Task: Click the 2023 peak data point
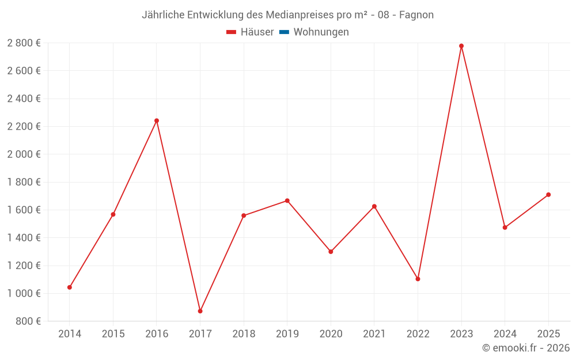click(461, 46)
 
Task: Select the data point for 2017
click(200, 311)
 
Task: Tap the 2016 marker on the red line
click(157, 121)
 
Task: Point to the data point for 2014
click(70, 287)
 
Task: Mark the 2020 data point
click(331, 252)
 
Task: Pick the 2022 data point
click(418, 279)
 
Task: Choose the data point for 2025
click(548, 195)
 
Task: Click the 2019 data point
click(287, 200)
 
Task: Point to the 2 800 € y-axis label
click(24, 43)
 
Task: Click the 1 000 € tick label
click(24, 293)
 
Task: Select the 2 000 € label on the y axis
click(24, 154)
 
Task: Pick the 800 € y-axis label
click(28, 321)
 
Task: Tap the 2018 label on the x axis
click(244, 334)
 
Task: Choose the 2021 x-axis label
click(374, 334)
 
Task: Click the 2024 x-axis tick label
click(505, 334)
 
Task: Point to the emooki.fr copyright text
click(526, 348)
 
